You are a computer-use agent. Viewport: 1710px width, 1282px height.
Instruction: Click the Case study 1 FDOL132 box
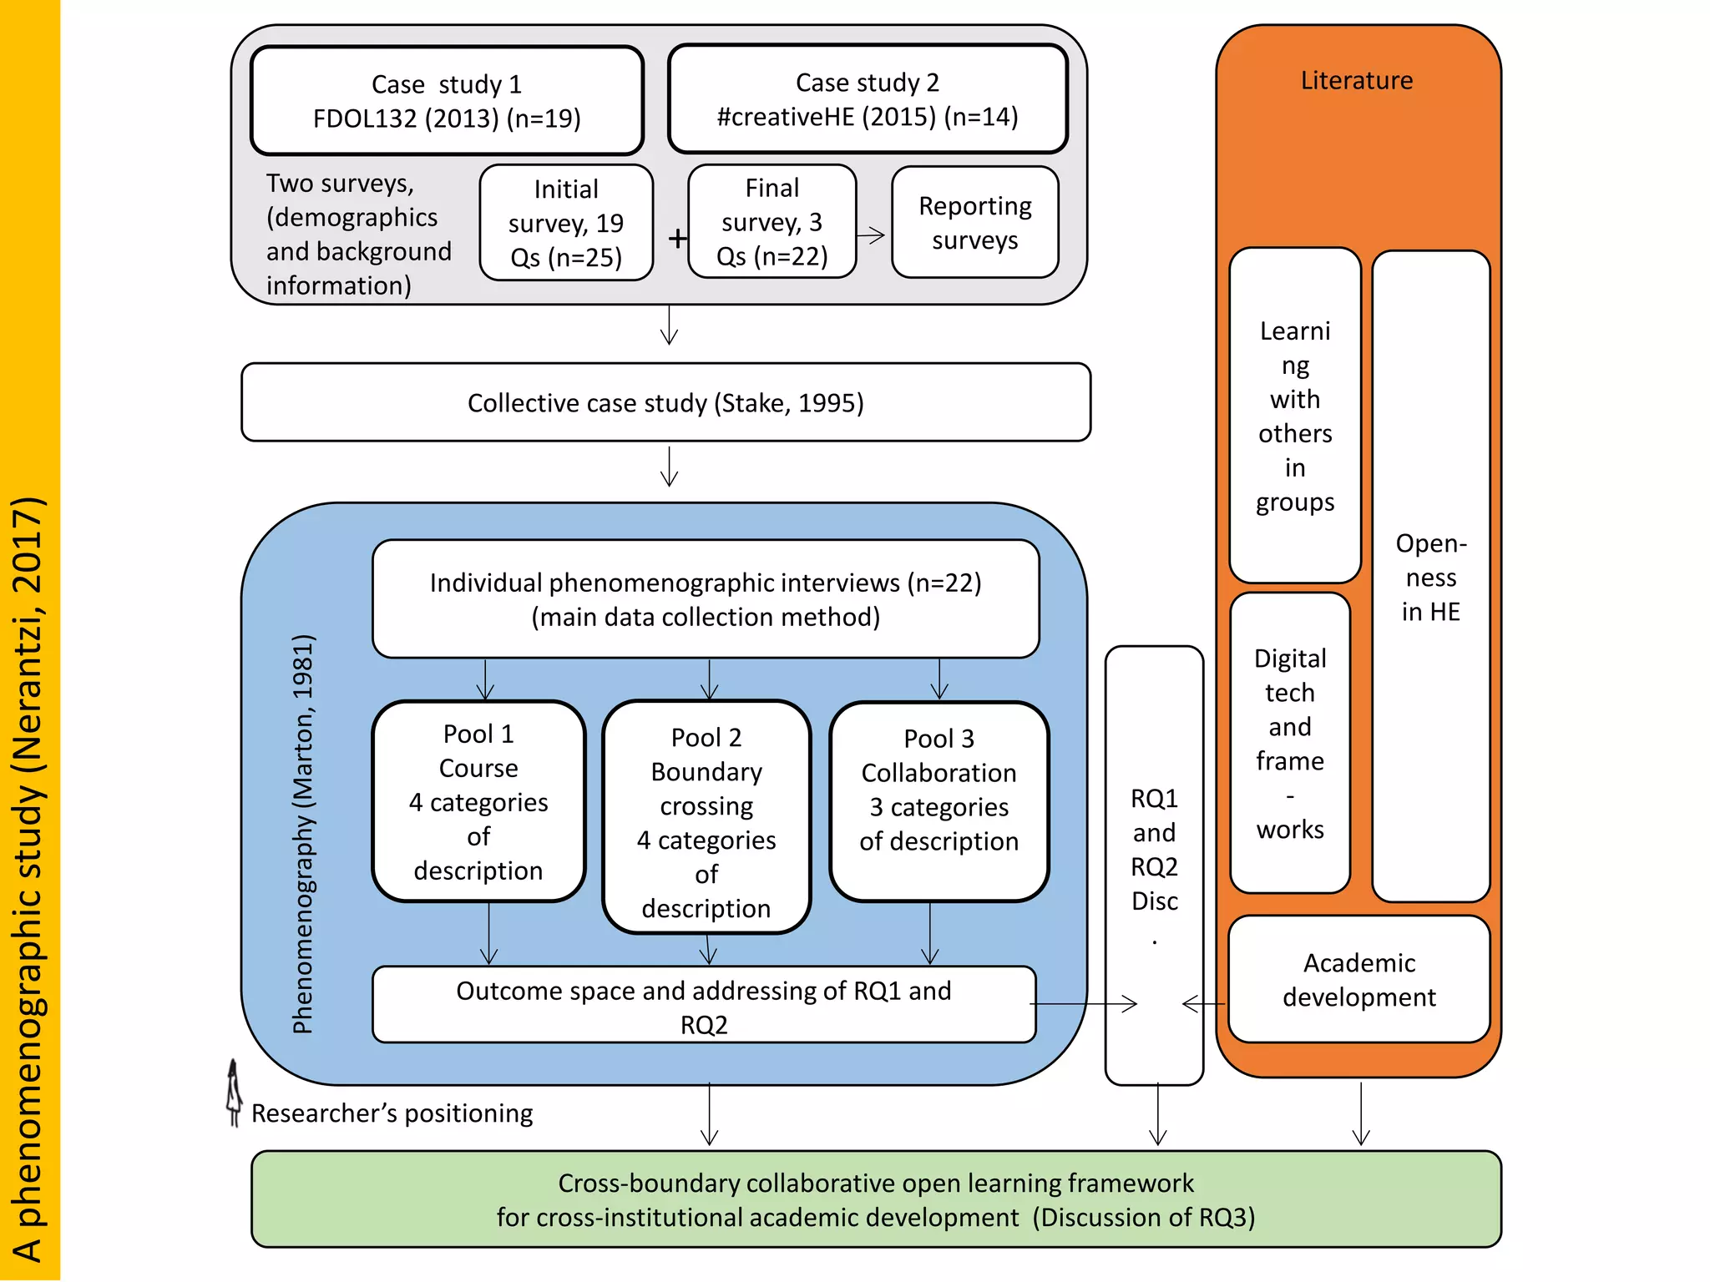(447, 101)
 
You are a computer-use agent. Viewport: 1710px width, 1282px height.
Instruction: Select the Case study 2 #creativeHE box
(868, 99)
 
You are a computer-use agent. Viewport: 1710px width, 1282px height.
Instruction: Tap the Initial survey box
(566, 223)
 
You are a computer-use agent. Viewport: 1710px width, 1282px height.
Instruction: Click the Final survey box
(772, 222)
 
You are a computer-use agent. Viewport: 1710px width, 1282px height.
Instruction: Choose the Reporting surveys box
(974, 222)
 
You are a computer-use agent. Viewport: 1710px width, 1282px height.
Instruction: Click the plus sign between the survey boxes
(677, 239)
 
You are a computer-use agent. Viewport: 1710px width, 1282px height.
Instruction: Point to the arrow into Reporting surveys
(872, 235)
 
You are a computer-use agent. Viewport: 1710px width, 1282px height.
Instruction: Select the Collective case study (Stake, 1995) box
(665, 402)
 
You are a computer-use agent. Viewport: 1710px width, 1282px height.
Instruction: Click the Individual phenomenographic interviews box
(706, 599)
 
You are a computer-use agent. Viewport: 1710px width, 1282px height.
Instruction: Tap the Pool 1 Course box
(478, 801)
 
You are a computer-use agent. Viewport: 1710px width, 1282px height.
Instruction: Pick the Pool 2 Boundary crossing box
(706, 818)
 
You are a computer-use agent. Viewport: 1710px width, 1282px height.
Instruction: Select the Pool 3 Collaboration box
(938, 801)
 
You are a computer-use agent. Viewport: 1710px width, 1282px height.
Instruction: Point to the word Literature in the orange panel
(1356, 80)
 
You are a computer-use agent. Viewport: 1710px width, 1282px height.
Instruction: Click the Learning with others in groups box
(1295, 416)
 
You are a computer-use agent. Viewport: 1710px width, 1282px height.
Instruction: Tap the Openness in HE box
(1430, 576)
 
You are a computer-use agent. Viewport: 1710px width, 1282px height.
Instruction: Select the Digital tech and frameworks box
(1289, 743)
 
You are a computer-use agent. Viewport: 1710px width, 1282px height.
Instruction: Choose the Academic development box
(1358, 979)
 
